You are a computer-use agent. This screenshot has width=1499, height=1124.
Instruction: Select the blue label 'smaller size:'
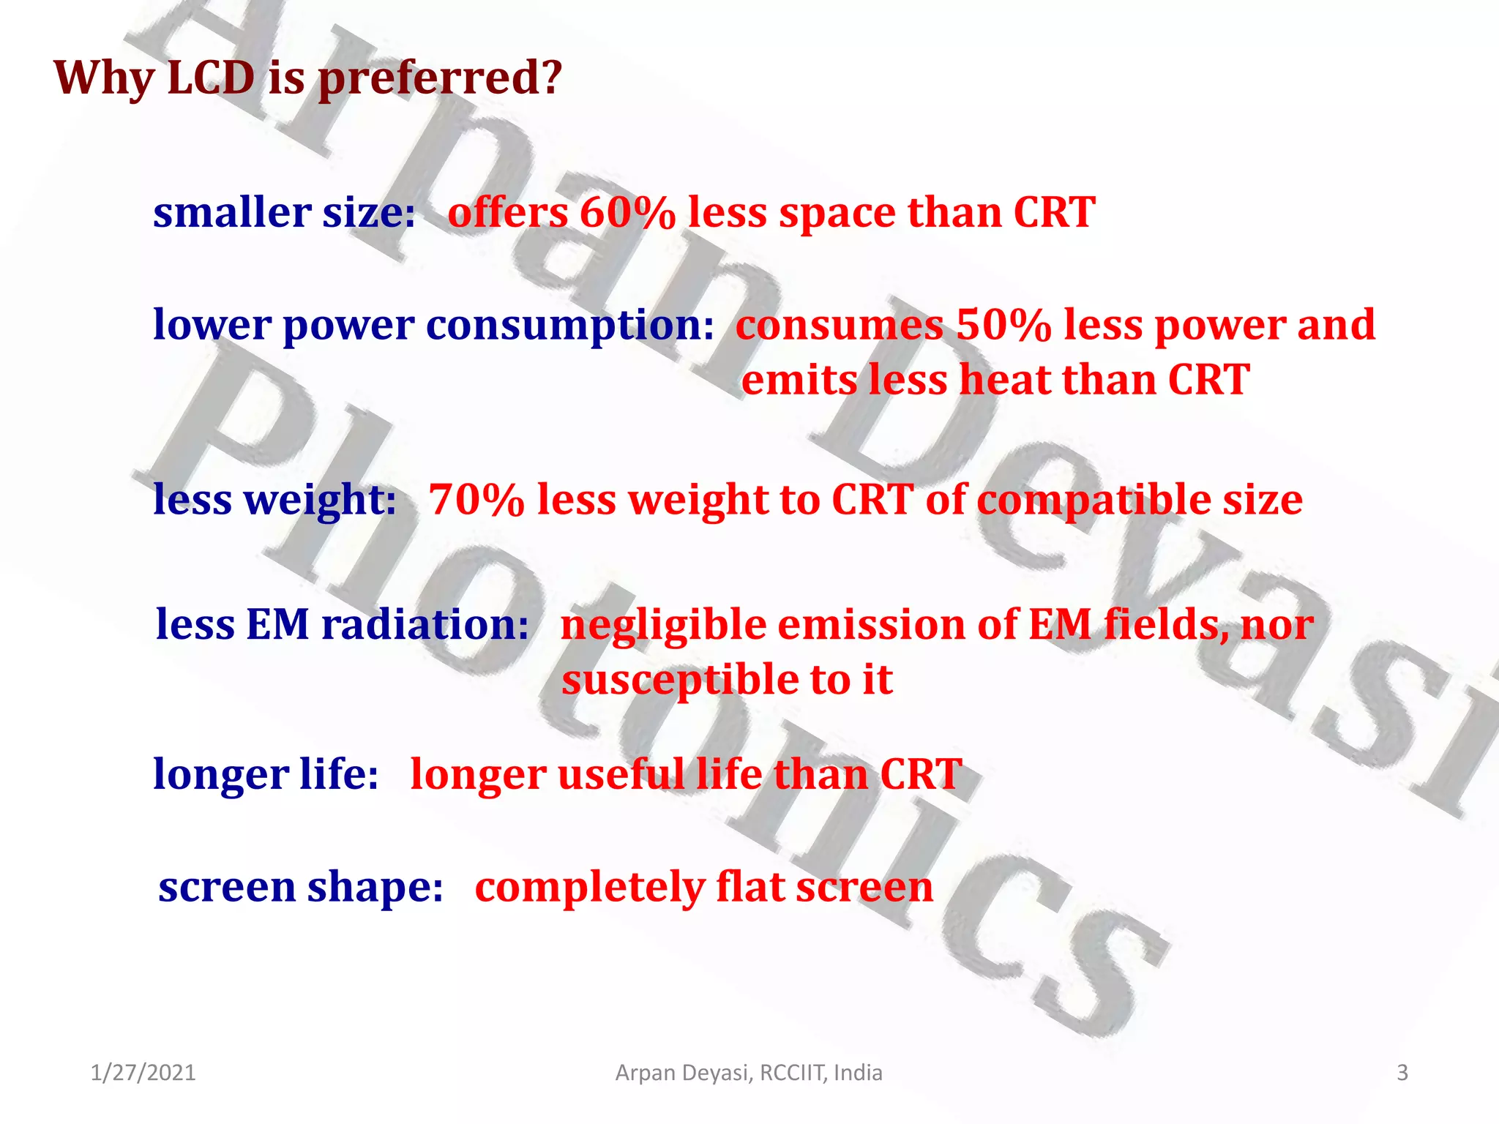(x=284, y=213)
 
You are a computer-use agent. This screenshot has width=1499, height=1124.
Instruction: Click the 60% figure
(x=627, y=213)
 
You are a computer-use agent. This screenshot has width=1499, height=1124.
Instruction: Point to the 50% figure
(x=1003, y=325)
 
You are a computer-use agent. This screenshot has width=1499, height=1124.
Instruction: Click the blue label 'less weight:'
(x=274, y=501)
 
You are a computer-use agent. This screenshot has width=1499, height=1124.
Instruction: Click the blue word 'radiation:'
(x=425, y=625)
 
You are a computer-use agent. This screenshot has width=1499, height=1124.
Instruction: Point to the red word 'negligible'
(x=663, y=626)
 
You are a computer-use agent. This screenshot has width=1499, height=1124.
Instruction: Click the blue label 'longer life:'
(x=266, y=775)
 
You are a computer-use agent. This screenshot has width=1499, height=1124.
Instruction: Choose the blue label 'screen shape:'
(x=301, y=888)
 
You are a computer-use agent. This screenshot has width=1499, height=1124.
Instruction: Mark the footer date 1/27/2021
(x=143, y=1073)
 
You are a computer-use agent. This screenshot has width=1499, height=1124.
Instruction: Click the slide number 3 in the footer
(x=1402, y=1073)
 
